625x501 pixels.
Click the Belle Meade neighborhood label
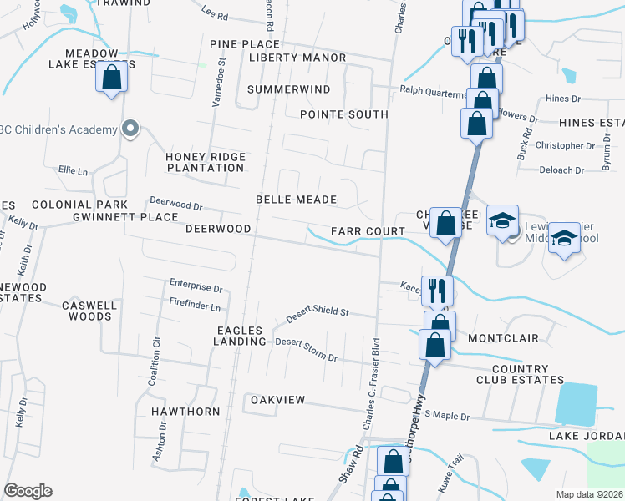296,200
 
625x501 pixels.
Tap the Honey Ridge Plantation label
206,162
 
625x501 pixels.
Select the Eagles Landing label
240,336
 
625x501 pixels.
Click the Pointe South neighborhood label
343,114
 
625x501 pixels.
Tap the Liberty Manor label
297,58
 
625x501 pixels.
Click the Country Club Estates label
528,374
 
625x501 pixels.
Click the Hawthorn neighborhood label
184,412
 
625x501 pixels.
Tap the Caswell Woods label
89,311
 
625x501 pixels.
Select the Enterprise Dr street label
196,288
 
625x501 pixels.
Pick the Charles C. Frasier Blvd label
369,384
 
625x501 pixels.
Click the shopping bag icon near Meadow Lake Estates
111,78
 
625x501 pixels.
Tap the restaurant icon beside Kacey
436,290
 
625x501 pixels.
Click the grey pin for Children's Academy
130,129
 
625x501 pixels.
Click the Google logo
28,491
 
